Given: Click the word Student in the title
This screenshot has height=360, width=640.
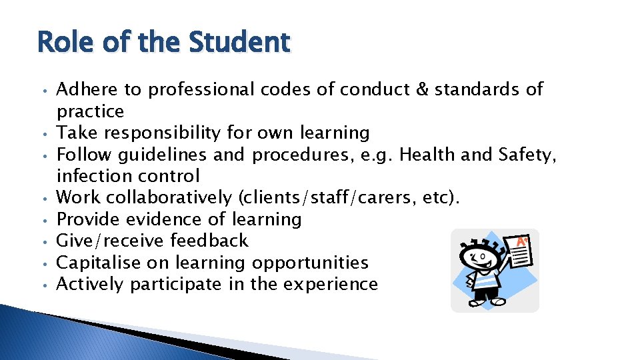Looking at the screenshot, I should pos(239,42).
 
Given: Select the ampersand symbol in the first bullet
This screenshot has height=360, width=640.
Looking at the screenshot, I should pos(422,89).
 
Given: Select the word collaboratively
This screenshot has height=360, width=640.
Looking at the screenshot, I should pos(165,198).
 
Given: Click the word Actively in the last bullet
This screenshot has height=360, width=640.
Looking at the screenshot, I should pos(90,284).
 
